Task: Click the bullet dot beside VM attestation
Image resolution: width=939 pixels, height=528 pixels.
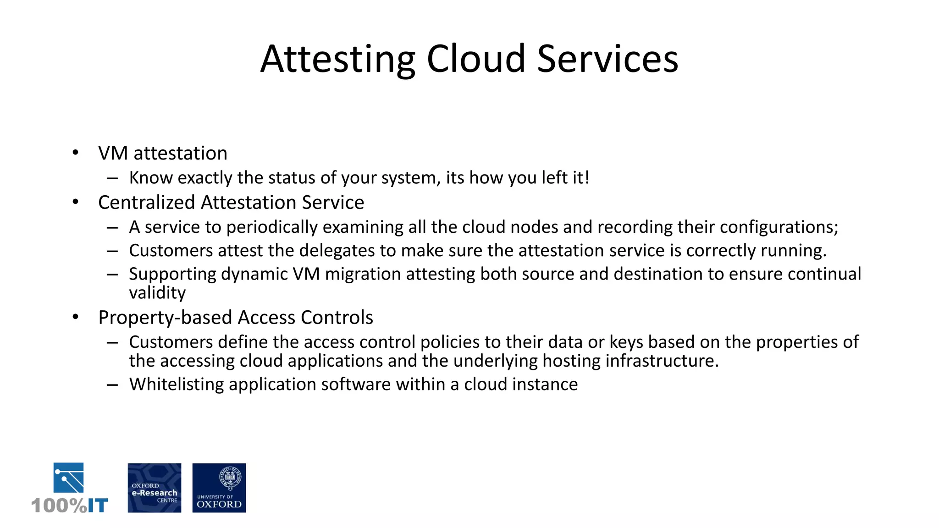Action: (x=76, y=153)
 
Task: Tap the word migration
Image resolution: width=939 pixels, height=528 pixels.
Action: (x=363, y=275)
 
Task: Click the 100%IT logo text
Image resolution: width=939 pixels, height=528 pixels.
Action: (x=70, y=506)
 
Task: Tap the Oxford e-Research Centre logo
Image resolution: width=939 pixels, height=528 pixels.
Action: (x=155, y=488)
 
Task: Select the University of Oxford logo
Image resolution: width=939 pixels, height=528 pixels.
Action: (x=219, y=488)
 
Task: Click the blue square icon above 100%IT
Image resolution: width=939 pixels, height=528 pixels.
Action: (x=69, y=478)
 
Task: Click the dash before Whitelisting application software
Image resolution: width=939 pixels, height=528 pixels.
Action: (x=112, y=385)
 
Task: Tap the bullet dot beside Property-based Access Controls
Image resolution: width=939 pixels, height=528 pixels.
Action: (x=76, y=317)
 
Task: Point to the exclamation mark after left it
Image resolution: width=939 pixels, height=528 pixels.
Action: (x=586, y=177)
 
